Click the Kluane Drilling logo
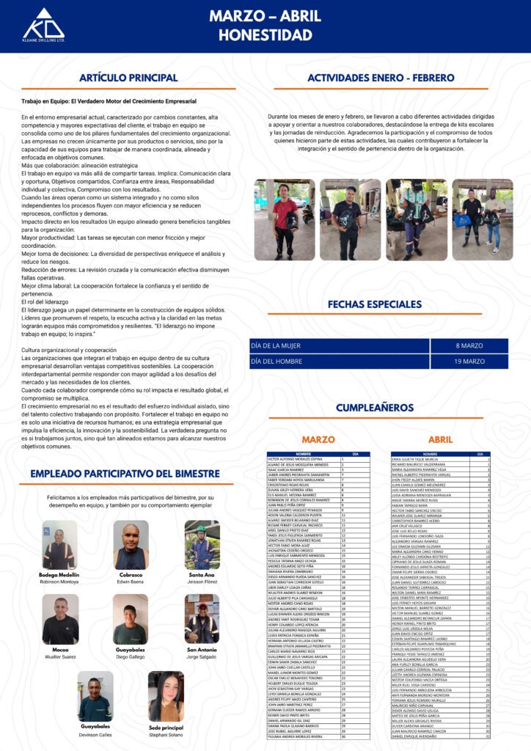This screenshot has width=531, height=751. (43, 25)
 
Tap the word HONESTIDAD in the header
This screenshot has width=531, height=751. (265, 34)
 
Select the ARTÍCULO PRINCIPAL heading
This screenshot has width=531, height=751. (128, 78)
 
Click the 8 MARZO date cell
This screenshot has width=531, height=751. (469, 345)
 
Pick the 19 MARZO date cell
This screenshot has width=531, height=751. (469, 362)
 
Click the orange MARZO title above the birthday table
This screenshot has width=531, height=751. (318, 439)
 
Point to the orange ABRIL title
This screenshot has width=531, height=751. (440, 439)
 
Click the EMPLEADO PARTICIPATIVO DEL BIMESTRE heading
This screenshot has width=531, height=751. (131, 474)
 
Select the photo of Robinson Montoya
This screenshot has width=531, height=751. (59, 545)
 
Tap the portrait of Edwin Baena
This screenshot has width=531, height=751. (131, 545)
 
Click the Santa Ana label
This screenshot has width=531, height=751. (202, 575)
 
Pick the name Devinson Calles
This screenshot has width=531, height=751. (95, 733)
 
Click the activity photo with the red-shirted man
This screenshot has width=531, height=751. (284, 220)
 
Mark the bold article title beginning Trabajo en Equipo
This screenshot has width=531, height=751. (109, 100)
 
